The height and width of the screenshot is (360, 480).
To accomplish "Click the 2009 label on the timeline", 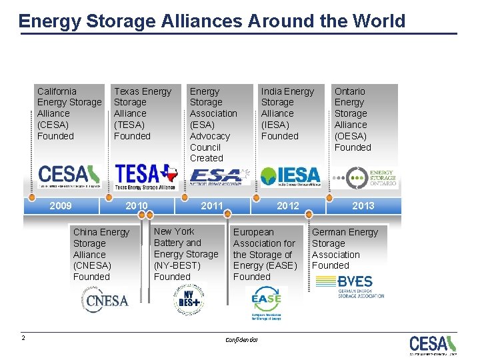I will (x=61, y=205).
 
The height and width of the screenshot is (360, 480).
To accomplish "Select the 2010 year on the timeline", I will (x=137, y=205).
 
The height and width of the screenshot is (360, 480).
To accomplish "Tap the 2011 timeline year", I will (x=212, y=205).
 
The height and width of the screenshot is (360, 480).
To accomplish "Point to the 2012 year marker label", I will (x=288, y=205).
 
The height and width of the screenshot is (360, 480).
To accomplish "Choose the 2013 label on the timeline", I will (x=363, y=205).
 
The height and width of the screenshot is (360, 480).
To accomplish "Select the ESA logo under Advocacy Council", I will (x=219, y=176).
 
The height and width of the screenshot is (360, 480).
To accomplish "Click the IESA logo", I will (x=291, y=175).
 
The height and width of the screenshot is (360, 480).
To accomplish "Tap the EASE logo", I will (x=266, y=301).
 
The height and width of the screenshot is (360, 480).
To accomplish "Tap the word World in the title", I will (x=378, y=21).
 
